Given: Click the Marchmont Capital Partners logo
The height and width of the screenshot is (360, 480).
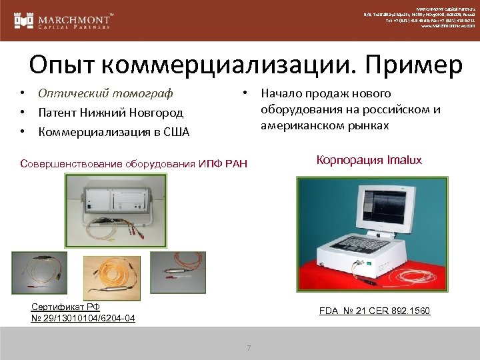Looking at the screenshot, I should (63, 20).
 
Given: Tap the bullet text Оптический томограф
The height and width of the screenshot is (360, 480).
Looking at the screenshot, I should (105, 94).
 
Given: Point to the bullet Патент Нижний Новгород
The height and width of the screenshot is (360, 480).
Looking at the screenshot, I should (111, 113).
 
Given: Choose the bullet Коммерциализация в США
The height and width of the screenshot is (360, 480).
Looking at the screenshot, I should (114, 132).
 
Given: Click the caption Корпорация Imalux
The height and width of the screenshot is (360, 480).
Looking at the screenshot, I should (369, 160).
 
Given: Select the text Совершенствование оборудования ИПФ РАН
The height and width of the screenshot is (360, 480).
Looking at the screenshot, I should (133, 164).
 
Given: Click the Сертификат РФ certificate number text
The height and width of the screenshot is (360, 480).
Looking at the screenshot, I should (83, 313).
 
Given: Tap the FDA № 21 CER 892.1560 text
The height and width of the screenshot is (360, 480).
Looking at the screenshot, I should (375, 311).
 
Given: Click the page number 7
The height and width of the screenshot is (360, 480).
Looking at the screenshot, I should (249, 347).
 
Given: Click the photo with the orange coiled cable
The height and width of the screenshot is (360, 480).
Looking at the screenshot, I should (111, 277).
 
